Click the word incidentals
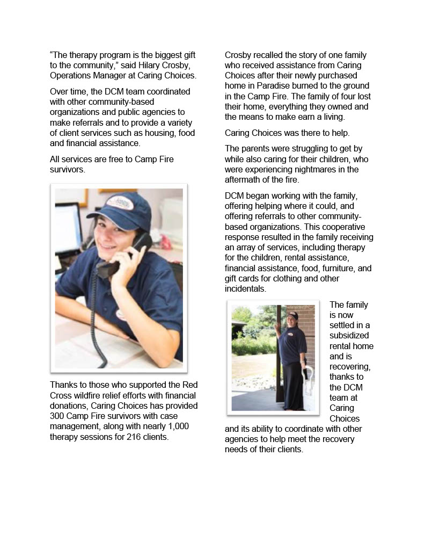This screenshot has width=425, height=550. click(x=245, y=289)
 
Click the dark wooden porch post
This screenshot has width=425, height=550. click(x=281, y=354)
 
